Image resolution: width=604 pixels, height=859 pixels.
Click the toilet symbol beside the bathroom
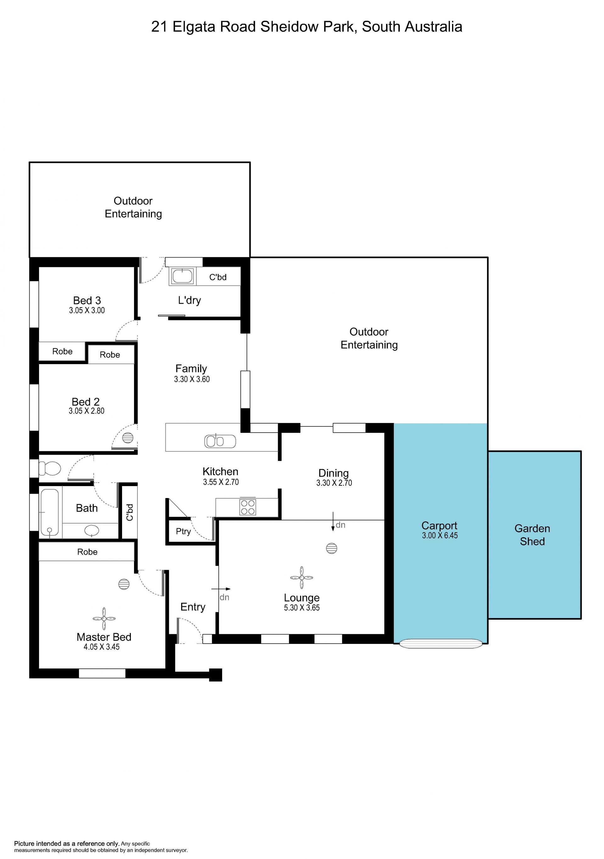[x=50, y=468]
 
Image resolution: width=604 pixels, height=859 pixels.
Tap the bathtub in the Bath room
[x=49, y=512]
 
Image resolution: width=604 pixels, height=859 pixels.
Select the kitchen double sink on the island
[x=220, y=441]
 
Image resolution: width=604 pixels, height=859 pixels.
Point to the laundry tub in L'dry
[x=183, y=276]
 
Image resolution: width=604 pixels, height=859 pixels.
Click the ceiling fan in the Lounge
[x=302, y=578]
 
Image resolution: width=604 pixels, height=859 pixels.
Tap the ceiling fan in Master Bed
[x=104, y=619]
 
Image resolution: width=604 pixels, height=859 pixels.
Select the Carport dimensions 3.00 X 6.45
[x=440, y=535]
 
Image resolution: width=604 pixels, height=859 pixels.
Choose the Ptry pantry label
[x=183, y=531]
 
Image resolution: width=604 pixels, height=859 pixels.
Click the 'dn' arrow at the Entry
[x=221, y=589]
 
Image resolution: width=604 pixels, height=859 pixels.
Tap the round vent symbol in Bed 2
[x=128, y=437]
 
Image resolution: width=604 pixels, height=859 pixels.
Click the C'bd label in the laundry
[x=218, y=277]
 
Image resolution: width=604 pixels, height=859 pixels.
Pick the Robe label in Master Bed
[x=87, y=552]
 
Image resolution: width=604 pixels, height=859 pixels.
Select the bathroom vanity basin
[x=92, y=530]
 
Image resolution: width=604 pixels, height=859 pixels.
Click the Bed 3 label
[x=87, y=300]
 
